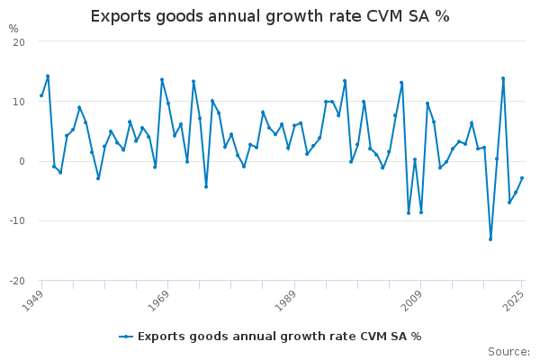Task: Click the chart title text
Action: tap(270, 16)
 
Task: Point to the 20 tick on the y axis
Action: tap(18, 42)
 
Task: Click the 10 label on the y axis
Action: tap(18, 102)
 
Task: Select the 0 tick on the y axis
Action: tap(21, 161)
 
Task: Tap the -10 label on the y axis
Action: tap(16, 220)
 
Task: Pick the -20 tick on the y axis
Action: tap(16, 281)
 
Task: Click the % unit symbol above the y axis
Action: tap(13, 29)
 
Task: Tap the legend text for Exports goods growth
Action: tap(279, 337)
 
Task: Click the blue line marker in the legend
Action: tap(126, 337)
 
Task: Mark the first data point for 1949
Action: tap(41, 95)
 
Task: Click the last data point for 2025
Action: tap(522, 178)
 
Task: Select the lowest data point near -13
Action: tap(490, 238)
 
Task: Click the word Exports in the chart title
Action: tap(121, 16)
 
